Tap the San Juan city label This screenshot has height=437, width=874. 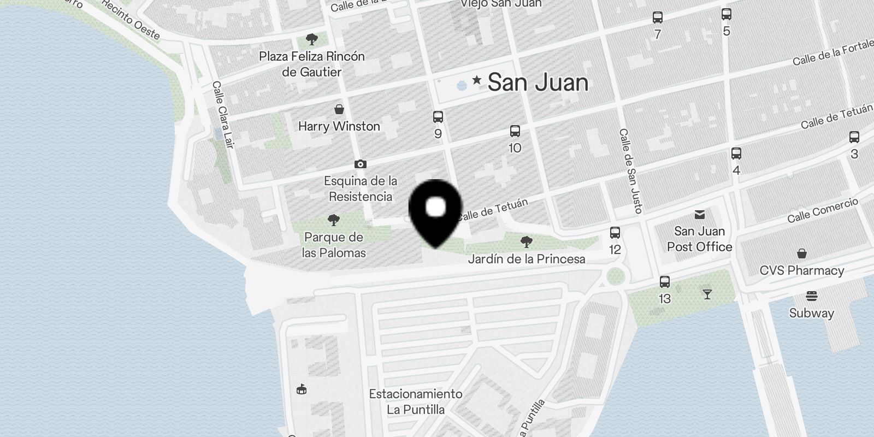(538, 82)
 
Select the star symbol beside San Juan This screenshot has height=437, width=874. (477, 80)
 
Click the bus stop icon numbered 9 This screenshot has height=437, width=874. (438, 117)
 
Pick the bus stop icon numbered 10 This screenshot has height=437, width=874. (515, 131)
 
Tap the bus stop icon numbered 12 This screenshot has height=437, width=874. (615, 233)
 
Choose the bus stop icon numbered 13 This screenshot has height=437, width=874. (665, 282)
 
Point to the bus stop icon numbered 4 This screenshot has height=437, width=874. (736, 153)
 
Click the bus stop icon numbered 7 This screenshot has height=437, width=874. (658, 17)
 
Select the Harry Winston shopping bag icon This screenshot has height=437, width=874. (339, 109)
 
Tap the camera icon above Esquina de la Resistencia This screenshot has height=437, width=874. (360, 164)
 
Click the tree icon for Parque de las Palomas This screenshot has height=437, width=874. (333, 220)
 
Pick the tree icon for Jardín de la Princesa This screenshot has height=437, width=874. (527, 241)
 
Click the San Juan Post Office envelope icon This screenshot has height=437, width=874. (700, 214)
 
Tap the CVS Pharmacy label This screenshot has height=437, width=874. (801, 270)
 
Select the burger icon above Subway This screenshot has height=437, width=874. (811, 296)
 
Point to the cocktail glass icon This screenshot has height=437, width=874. (707, 295)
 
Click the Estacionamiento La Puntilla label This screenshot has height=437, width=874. (416, 401)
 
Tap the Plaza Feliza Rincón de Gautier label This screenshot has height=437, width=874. (312, 64)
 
